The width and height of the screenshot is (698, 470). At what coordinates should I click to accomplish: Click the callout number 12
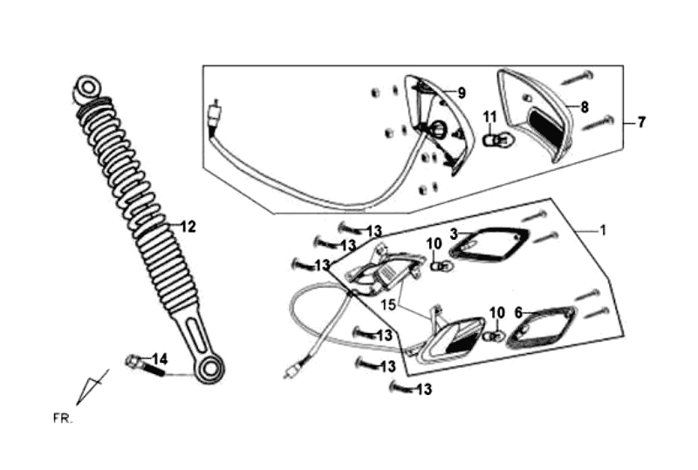point(188,226)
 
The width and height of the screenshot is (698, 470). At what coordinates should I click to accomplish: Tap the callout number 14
point(160,358)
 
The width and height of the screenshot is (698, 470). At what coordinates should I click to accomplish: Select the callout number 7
point(641,122)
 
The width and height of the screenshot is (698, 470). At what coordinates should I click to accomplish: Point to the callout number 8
point(584,107)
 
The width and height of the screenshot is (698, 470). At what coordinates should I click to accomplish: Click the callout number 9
point(462,93)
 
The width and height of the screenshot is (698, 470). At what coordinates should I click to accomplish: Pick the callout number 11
point(489,117)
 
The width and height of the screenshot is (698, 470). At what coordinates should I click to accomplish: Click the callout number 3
point(454,234)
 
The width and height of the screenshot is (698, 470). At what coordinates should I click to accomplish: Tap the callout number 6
point(518,311)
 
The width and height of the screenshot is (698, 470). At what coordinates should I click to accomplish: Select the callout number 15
point(388,304)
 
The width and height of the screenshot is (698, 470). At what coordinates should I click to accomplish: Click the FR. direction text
point(61,419)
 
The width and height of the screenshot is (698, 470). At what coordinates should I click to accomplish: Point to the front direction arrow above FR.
point(92,386)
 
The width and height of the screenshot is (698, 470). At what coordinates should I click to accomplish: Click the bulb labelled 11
point(494,138)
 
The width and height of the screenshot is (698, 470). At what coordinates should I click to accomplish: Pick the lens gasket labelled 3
point(489,244)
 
